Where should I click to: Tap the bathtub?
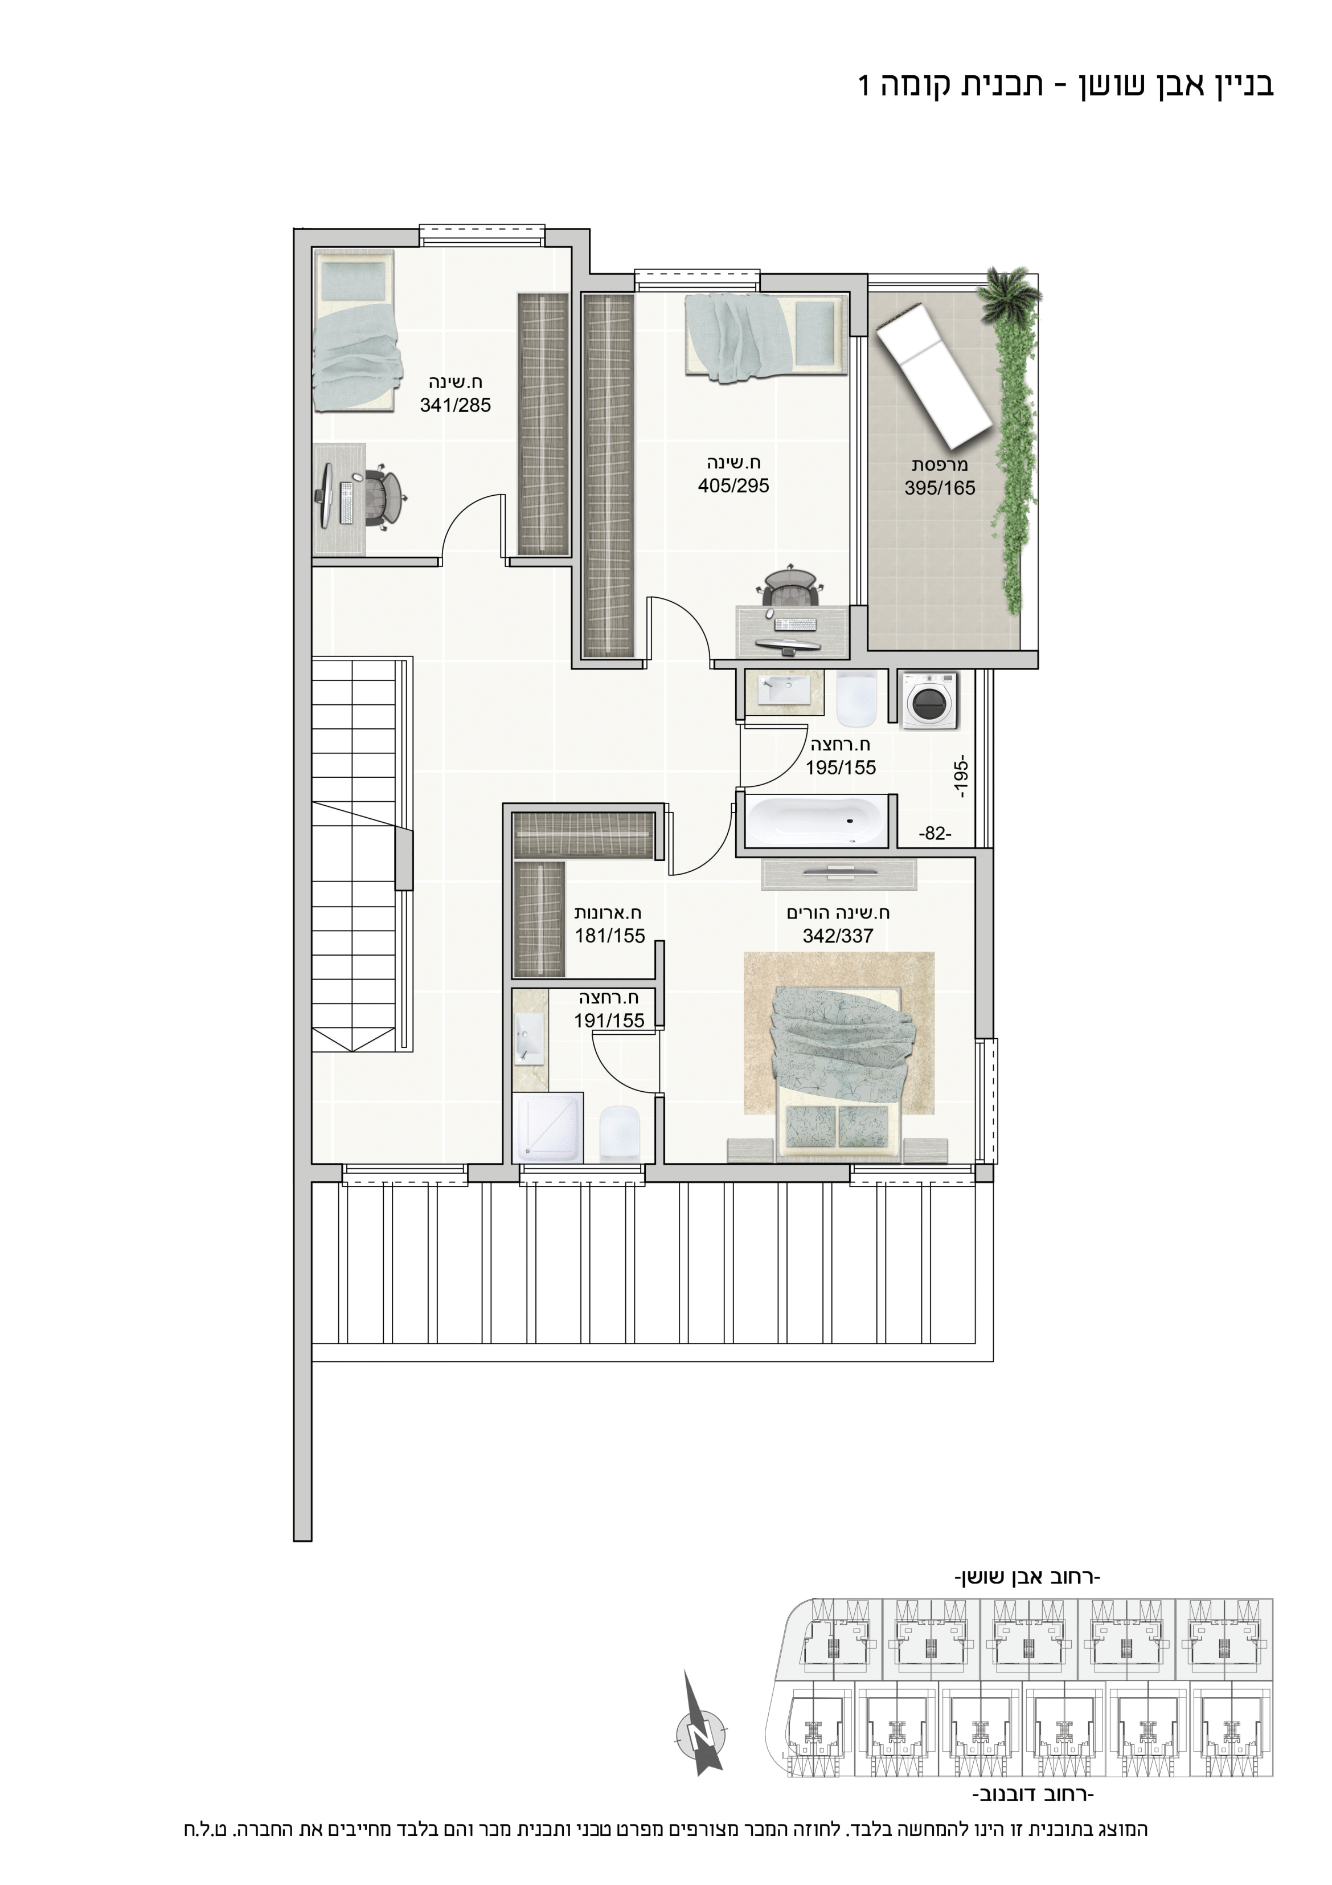point(817,820)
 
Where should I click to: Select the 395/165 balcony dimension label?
point(940,488)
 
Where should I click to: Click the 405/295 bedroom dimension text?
point(733,485)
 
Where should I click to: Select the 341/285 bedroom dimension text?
point(456,405)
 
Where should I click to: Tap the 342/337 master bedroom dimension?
point(838,935)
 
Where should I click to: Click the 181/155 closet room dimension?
point(610,935)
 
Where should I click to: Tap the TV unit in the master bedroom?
point(839,874)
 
